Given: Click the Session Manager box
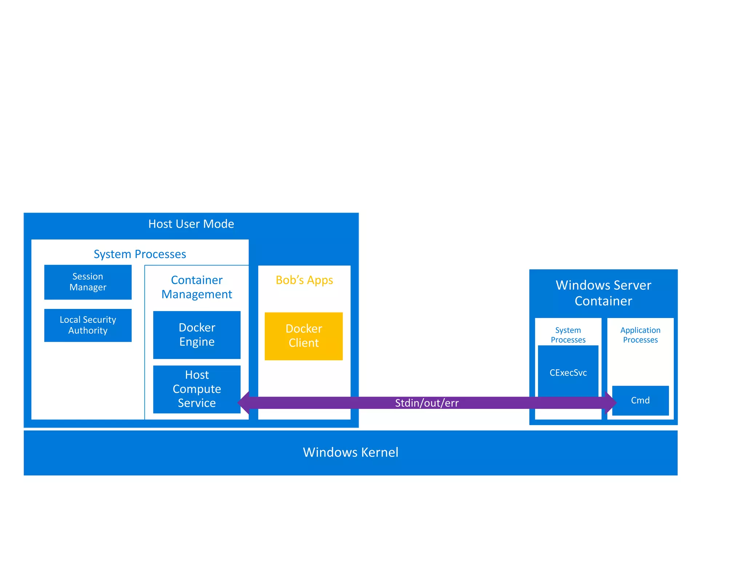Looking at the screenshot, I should [88, 282].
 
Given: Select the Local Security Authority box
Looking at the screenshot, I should [88, 325].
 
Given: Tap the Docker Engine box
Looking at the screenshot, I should [197, 335].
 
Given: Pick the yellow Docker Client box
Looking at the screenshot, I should [304, 336].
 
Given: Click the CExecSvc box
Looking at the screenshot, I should [568, 373].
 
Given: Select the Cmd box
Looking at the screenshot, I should [640, 401].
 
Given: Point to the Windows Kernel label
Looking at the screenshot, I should [350, 453].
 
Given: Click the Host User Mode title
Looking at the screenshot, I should [191, 224].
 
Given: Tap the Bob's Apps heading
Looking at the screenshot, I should [304, 280].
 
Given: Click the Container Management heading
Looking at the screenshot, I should [197, 287].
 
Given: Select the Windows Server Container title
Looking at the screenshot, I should [603, 293].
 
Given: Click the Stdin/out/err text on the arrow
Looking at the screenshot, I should [427, 403].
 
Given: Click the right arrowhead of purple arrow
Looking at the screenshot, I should [611, 403].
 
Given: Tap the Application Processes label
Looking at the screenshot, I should [640, 335].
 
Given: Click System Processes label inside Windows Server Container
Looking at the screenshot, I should [568, 335].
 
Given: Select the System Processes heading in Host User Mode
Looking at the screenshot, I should [140, 254].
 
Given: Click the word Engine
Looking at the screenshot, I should [197, 342].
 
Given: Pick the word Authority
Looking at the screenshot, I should [88, 331].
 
